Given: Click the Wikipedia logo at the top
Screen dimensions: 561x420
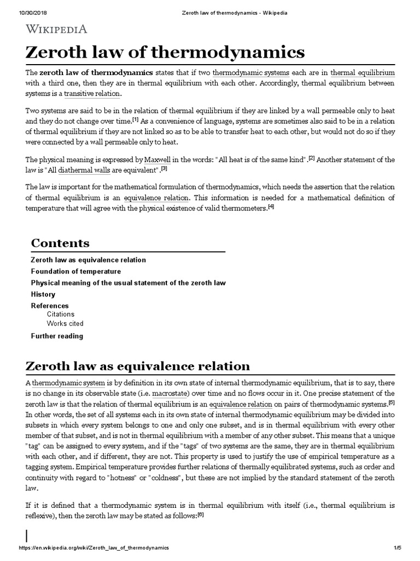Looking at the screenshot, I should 55,29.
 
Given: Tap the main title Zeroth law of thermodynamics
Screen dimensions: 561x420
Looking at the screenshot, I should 164,53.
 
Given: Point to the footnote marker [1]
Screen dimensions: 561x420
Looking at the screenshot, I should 135,119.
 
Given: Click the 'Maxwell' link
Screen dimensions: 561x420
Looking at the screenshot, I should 156,159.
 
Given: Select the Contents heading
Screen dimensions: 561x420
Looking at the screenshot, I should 60,243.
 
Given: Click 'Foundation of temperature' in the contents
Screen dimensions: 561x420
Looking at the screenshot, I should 76,271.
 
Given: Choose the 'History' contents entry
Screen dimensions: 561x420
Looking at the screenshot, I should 43,294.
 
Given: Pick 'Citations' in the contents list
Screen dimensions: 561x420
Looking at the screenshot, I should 61,314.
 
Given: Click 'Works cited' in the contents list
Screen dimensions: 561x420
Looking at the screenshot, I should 65,324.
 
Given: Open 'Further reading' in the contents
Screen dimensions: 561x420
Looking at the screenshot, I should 57,336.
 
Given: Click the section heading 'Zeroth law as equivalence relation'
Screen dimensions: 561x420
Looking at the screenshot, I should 138,365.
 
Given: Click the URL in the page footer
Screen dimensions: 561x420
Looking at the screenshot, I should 94,548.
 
